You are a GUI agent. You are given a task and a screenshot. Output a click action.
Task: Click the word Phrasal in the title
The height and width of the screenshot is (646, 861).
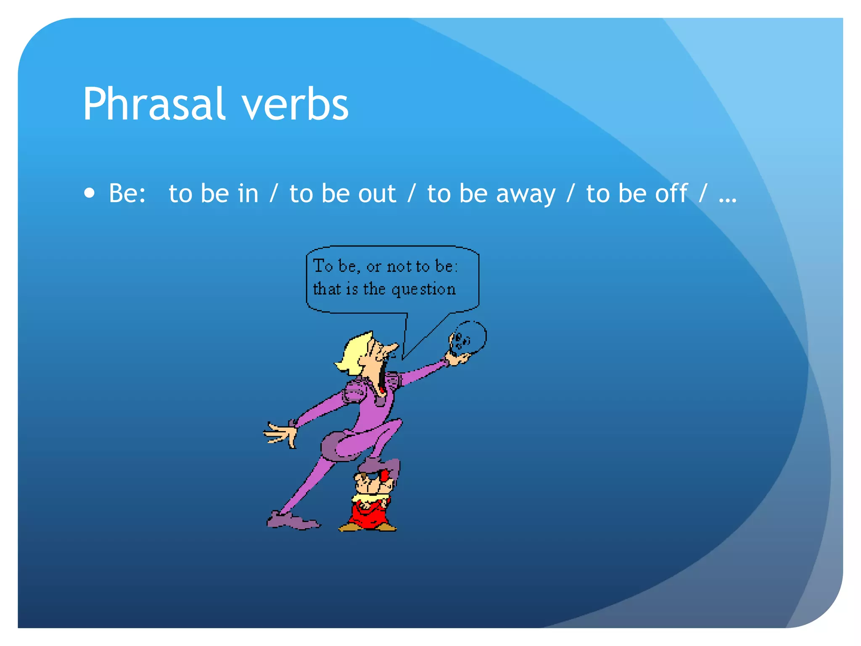pos(153,104)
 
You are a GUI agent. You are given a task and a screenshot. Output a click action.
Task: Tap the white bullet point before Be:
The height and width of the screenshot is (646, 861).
pos(89,193)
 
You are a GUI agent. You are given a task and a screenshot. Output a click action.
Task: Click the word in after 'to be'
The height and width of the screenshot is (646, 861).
pos(248,193)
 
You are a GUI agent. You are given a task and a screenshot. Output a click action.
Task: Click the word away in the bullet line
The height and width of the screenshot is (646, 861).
pos(526,194)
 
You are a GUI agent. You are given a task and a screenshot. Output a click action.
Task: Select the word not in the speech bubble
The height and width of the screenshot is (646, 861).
pos(399,266)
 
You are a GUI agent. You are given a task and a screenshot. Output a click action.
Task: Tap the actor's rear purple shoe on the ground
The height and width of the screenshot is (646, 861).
pos(292,522)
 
